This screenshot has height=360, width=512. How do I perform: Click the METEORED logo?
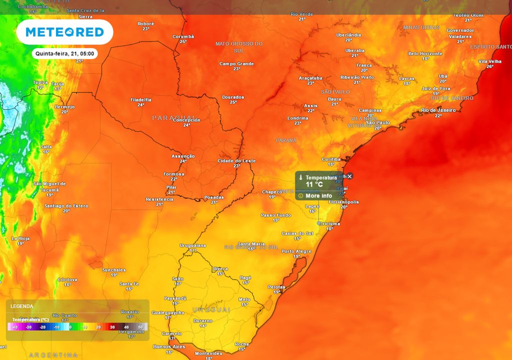point(64,32)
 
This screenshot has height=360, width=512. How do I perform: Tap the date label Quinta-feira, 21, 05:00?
point(64,53)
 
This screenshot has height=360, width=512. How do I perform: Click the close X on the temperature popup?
point(350,176)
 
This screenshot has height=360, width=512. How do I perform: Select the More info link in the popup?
point(318,195)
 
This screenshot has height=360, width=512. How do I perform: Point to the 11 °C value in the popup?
point(314,184)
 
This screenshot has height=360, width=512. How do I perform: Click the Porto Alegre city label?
point(296,251)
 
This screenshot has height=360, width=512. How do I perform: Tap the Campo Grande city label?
point(236,64)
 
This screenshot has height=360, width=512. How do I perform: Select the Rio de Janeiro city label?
point(438,110)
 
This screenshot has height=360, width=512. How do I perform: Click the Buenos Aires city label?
point(169,346)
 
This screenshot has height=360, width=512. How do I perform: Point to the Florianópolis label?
point(344,202)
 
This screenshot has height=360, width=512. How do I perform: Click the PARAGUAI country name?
point(173,117)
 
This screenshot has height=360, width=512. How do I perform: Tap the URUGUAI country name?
point(211,310)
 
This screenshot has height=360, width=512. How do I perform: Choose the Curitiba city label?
point(331,159)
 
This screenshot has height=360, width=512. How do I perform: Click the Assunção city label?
point(183,156)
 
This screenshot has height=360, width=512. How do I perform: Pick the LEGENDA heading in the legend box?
point(21,306)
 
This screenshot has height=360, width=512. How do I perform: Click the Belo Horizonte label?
point(425,53)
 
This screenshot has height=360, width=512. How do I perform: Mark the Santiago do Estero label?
point(66,206)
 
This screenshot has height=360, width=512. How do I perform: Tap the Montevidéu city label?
point(208,353)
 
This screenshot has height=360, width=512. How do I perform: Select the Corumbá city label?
point(183,36)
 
